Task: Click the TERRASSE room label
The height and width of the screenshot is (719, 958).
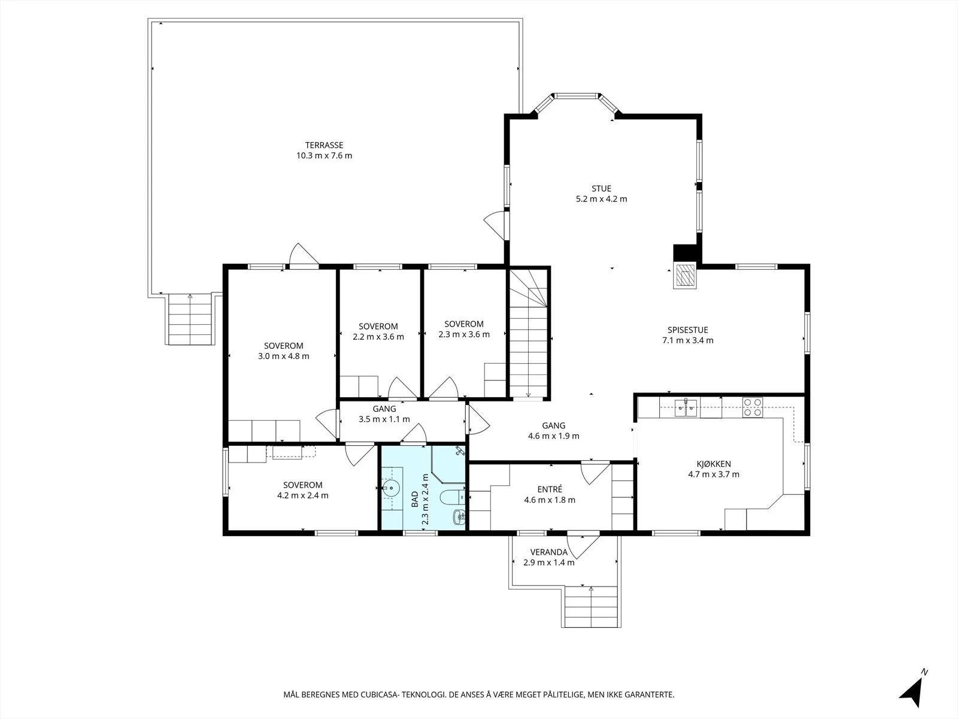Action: (324, 146)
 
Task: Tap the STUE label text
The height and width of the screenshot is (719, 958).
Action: (601, 189)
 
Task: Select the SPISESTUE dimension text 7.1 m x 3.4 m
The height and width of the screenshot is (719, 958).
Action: (687, 340)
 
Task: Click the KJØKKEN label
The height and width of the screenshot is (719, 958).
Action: (714, 464)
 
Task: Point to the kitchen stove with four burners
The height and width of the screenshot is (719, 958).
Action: (753, 407)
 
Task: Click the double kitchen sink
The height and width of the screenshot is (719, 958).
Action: (686, 408)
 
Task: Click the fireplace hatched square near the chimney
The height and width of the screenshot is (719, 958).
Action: (685, 275)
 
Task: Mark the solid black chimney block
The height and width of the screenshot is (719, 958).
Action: (685, 253)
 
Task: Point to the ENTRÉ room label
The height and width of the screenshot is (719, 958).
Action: (550, 490)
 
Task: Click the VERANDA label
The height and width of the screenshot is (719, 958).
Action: (548, 552)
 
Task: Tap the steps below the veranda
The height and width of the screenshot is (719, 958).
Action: (591, 606)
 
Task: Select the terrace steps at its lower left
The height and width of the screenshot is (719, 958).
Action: (190, 319)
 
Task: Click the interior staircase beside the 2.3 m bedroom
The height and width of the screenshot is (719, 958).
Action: (528, 333)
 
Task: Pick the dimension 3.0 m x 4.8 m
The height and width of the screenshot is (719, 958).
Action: (283, 357)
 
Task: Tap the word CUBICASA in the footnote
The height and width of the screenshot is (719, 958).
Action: (380, 694)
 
